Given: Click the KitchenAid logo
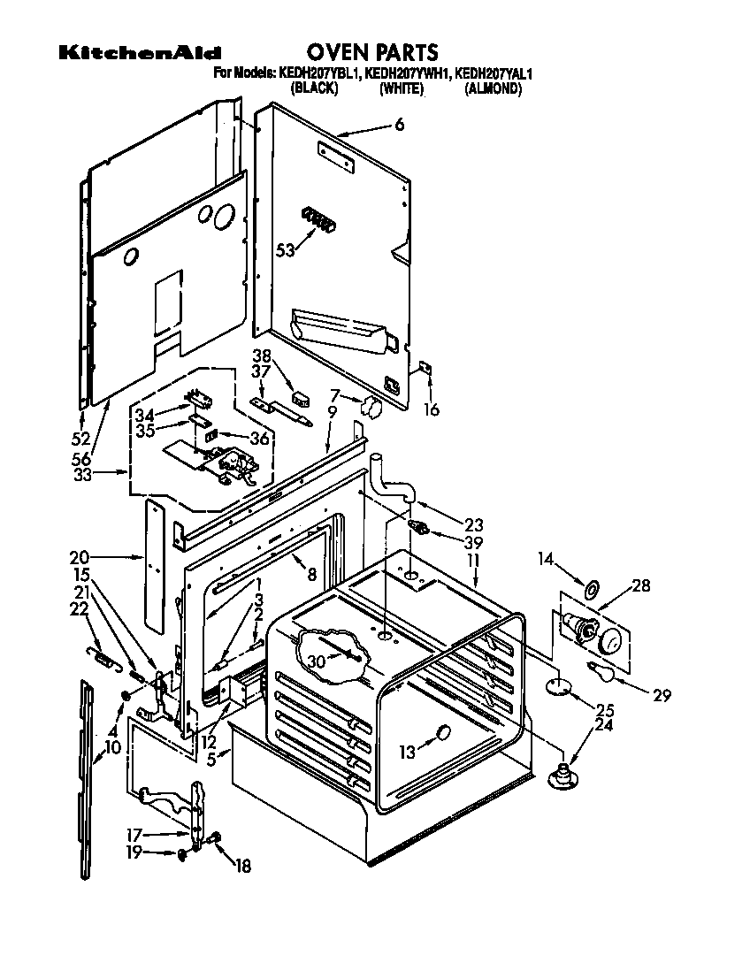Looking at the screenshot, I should click(x=140, y=54).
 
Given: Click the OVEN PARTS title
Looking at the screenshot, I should click(x=371, y=52).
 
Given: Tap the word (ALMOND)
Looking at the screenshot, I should click(x=493, y=88).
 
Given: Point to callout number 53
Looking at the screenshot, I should click(x=285, y=249).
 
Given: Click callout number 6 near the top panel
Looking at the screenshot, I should click(x=399, y=126).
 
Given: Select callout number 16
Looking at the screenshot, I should click(x=431, y=409).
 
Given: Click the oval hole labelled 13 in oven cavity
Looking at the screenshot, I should click(x=442, y=733).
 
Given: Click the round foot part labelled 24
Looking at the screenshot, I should click(x=560, y=776).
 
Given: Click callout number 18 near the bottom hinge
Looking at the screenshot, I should click(x=241, y=867).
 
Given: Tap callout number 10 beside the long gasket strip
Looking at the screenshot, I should click(x=112, y=747).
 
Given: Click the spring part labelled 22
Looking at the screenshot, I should click(x=103, y=657).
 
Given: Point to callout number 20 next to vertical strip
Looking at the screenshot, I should click(x=80, y=557).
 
